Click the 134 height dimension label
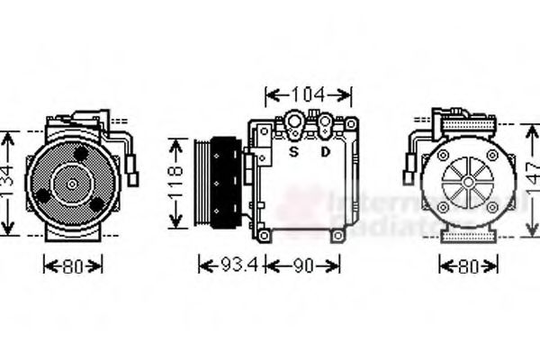point(8,184)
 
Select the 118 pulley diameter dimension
point(177,185)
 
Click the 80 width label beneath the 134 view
point(73,265)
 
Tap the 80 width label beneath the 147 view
point(468,265)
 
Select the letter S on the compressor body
point(292,151)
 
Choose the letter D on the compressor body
point(325,151)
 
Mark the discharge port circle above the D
point(321,122)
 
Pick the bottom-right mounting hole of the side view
point(337,235)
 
